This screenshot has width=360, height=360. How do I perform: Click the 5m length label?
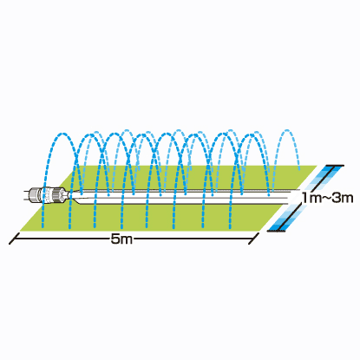[121, 239]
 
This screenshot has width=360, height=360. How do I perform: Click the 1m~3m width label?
[327, 198]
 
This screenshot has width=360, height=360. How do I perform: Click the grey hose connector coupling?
[49, 194]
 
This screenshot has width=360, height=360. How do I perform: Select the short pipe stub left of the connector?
[27, 195]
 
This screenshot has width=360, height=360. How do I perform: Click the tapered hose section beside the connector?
[75, 196]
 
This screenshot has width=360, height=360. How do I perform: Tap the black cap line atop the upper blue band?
[335, 166]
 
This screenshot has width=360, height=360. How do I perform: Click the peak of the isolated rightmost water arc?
[286, 130]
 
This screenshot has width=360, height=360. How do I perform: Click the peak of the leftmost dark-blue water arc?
[62, 134]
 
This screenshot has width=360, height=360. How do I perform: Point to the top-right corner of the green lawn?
[317, 166]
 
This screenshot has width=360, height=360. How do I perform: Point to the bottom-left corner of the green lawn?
[19, 232]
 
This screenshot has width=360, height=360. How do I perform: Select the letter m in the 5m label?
[127, 240]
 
